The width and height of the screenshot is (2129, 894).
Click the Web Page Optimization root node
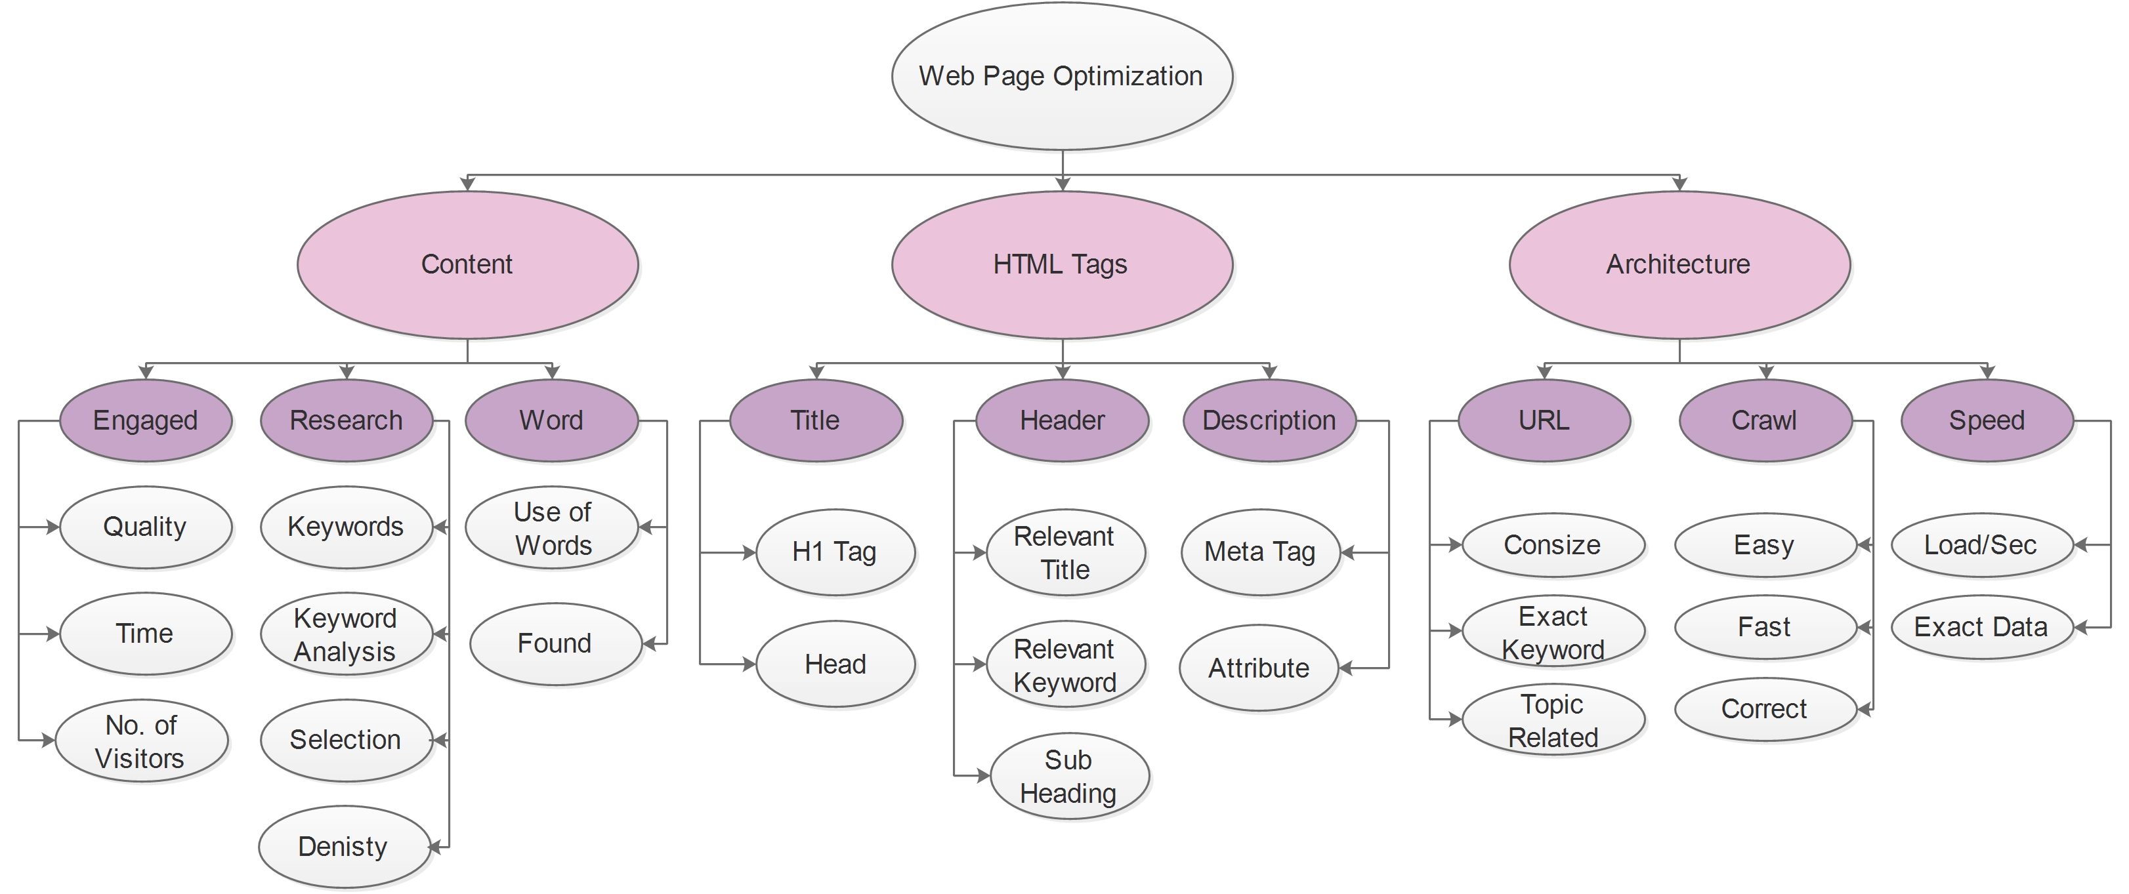click(x=1061, y=76)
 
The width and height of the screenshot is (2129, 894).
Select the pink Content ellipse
click(x=467, y=264)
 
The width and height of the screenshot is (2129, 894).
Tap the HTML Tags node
click(x=1061, y=264)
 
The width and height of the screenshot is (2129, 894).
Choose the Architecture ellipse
click(x=1679, y=264)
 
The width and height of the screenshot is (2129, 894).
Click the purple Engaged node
click(x=146, y=420)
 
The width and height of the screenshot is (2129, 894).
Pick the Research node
click(x=347, y=420)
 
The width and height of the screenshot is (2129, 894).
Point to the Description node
click(x=1269, y=420)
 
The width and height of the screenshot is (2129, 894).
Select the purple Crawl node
click(x=1765, y=420)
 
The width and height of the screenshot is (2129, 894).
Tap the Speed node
click(x=1987, y=420)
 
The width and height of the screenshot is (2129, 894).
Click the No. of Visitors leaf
click(x=141, y=741)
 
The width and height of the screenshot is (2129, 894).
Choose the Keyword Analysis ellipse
click(x=345, y=634)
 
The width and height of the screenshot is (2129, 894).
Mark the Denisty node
click(x=344, y=847)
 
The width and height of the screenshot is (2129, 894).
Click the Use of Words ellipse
click(x=552, y=528)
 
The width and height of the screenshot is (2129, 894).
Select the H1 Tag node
click(x=835, y=552)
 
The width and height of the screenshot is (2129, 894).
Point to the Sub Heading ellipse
click(x=1068, y=776)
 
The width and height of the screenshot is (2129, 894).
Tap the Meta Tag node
click(x=1259, y=552)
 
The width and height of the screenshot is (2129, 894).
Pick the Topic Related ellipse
click(x=1553, y=720)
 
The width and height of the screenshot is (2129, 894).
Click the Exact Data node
click(x=1981, y=627)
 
